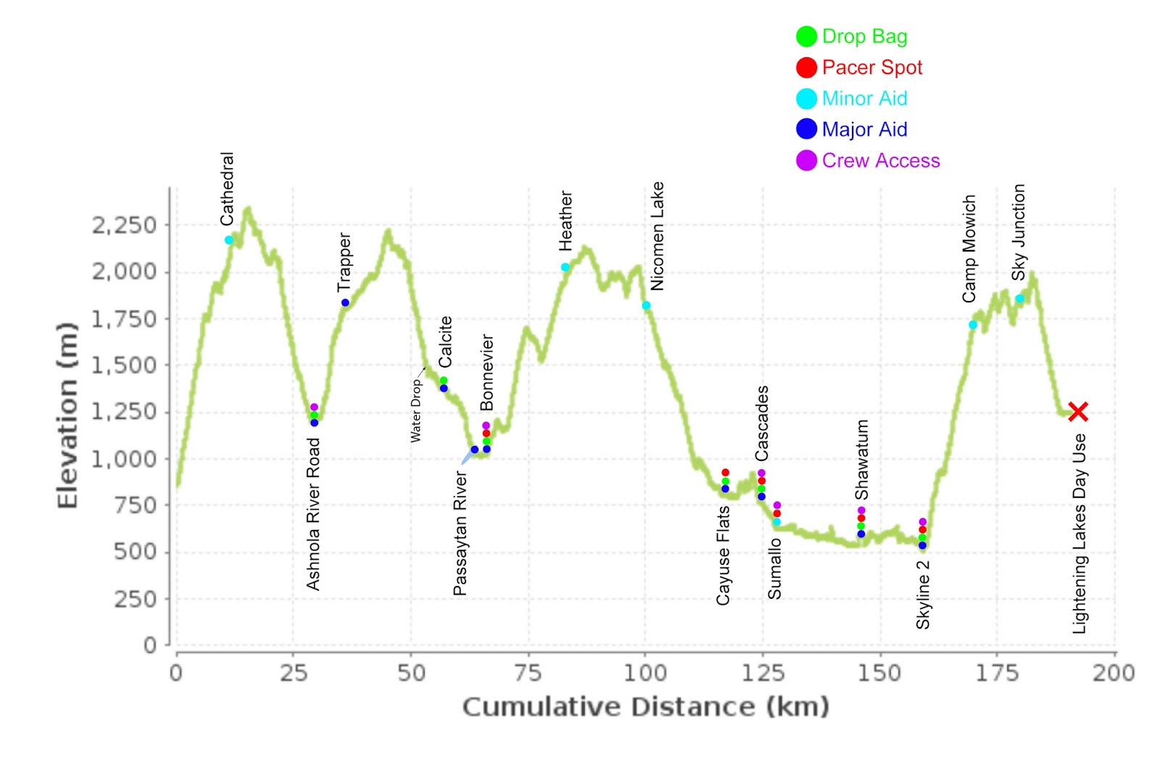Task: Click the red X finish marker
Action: [x=1078, y=412]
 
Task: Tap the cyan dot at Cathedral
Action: [x=229, y=240]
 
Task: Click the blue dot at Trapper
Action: [x=345, y=302]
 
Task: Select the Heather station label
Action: [x=566, y=221]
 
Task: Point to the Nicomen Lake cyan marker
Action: [x=647, y=305]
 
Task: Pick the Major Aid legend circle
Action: [x=806, y=129]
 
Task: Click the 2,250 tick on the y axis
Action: [x=123, y=225]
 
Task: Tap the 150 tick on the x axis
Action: [x=879, y=673]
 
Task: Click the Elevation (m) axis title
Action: [x=67, y=415]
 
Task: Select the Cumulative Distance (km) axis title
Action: [x=645, y=706]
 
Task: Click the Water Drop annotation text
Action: [x=416, y=410]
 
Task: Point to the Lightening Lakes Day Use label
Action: [x=1080, y=534]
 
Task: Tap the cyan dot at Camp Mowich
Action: [x=973, y=325]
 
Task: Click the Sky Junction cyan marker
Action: [x=1019, y=299]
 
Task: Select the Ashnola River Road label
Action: [x=313, y=514]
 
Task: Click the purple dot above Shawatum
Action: [x=861, y=510]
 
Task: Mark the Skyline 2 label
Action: [x=923, y=595]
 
